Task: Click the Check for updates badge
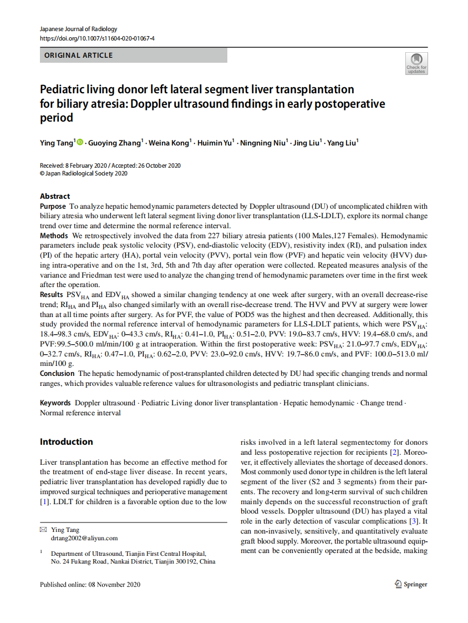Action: pyautogui.click(x=416, y=63)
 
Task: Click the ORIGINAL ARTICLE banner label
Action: pyautogui.click(x=78, y=56)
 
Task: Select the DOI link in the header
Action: pyautogui.click(x=97, y=38)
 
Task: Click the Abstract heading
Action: pyautogui.click(x=55, y=196)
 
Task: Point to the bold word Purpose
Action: pyautogui.click(x=53, y=206)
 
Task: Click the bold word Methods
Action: pyautogui.click(x=54, y=236)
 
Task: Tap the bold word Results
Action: pyautogui.click(x=52, y=294)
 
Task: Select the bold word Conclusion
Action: pyautogui.click(x=57, y=373)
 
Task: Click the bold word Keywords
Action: pyautogui.click(x=55, y=403)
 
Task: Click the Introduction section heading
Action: pyautogui.click(x=66, y=442)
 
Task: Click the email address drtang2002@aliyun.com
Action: pyautogui.click(x=84, y=538)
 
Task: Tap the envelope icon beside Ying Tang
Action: pyautogui.click(x=43, y=530)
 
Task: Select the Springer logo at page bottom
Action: pyautogui.click(x=411, y=584)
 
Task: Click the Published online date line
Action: pyautogui.click(x=90, y=584)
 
